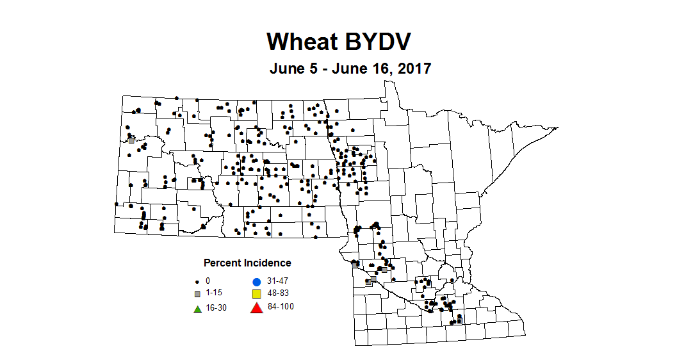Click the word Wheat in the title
pyautogui.click(x=301, y=41)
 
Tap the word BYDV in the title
pyautogui.click(x=375, y=41)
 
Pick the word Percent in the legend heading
pyautogui.click(x=222, y=263)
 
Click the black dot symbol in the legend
pyautogui.click(x=198, y=281)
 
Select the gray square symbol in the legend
pyautogui.click(x=198, y=294)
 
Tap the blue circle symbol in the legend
pyautogui.click(x=256, y=281)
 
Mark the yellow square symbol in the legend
pyautogui.click(x=256, y=294)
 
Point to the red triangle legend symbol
pyautogui.click(x=256, y=307)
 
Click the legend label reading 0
pyautogui.click(x=208, y=281)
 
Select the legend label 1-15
pyautogui.click(x=214, y=294)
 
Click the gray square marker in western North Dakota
pyautogui.click(x=131, y=139)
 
